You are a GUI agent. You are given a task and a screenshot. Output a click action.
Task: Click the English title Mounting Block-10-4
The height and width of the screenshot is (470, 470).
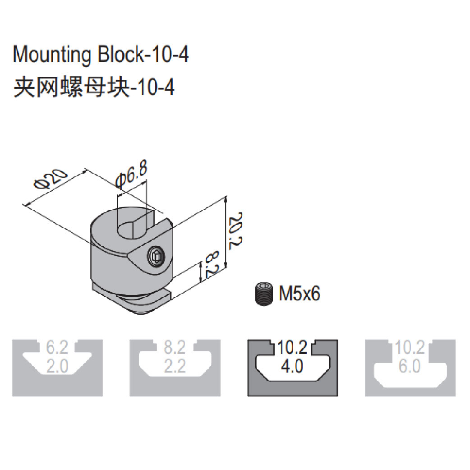(101, 55)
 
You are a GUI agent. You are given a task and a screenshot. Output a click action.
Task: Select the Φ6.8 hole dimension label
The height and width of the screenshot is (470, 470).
(131, 175)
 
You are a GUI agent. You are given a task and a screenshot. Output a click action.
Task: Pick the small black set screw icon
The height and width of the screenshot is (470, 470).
(264, 294)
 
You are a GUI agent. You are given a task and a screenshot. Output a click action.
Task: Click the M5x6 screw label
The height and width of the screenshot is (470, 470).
(300, 295)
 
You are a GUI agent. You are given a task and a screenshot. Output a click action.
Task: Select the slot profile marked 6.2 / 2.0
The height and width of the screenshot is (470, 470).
(57, 368)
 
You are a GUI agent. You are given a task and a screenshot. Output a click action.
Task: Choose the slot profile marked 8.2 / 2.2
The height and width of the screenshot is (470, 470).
(175, 368)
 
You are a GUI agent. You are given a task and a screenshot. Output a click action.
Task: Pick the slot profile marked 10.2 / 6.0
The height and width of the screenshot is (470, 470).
(410, 368)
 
